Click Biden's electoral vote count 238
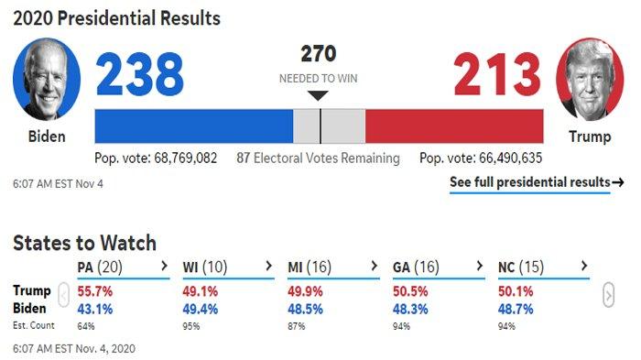pyautogui.click(x=140, y=74)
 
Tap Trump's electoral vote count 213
pyautogui.click(x=497, y=74)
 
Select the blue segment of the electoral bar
pyautogui.click(x=194, y=126)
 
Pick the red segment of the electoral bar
pyautogui.click(x=454, y=126)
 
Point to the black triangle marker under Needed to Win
pyautogui.click(x=318, y=95)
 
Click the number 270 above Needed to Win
pyautogui.click(x=319, y=54)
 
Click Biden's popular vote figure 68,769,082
pyautogui.click(x=186, y=158)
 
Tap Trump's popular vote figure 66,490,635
pyautogui.click(x=511, y=158)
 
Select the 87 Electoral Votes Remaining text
pyautogui.click(x=318, y=158)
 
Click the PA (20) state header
pyautogui.click(x=100, y=267)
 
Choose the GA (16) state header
pyautogui.click(x=416, y=267)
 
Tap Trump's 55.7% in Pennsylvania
pyautogui.click(x=95, y=291)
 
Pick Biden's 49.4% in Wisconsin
pyautogui.click(x=200, y=309)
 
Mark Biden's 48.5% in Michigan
pyautogui.click(x=305, y=309)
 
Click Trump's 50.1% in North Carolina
pyautogui.click(x=516, y=291)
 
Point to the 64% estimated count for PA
pyautogui.click(x=86, y=326)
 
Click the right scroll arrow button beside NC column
pyautogui.click(x=608, y=295)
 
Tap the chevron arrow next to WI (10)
pyautogui.click(x=268, y=266)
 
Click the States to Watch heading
pyautogui.click(x=84, y=243)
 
